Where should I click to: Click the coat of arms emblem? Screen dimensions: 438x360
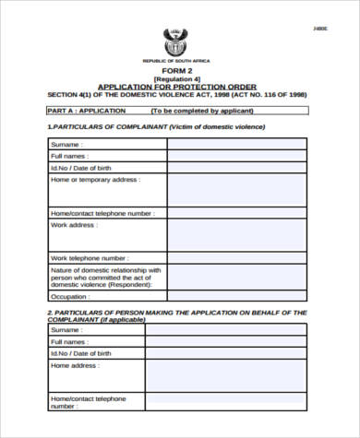pos(174,41)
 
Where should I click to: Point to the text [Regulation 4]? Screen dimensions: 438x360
pos(176,79)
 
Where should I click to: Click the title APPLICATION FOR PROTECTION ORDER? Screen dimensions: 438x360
pos(176,87)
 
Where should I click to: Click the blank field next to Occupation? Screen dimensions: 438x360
pos(237,296)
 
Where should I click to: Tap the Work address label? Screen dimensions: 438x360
pos(73,224)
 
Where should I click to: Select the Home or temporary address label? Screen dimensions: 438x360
pos(94,179)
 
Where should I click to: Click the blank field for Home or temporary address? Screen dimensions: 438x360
pos(237,190)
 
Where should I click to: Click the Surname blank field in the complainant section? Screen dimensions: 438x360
pos(237,144)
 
